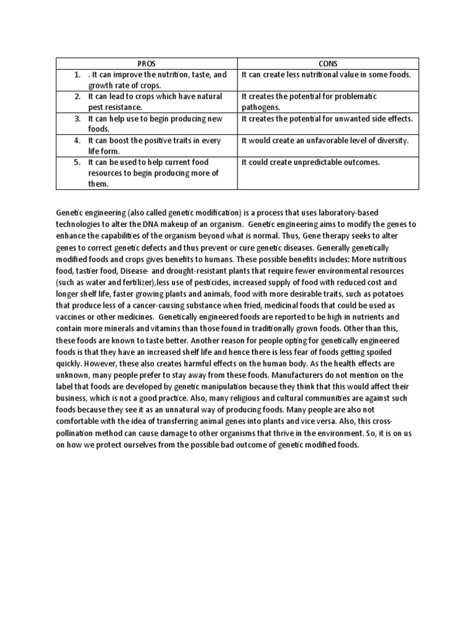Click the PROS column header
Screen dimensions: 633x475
(x=147, y=64)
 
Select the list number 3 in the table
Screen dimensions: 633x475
(x=78, y=119)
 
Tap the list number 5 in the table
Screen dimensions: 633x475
(x=78, y=162)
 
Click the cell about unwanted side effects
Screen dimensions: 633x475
(x=327, y=119)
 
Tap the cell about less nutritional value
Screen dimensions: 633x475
(x=327, y=75)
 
